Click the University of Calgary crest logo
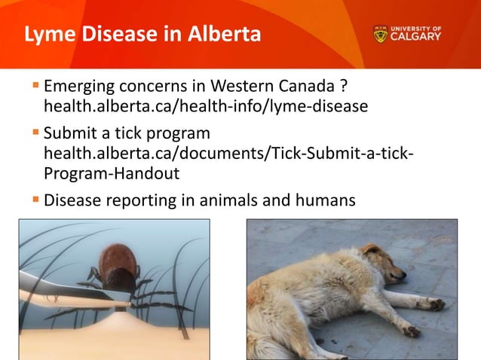pyautogui.click(x=380, y=35)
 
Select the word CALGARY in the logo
pyautogui.click(x=416, y=38)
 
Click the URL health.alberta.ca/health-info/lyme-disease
pyautogui.click(x=205, y=105)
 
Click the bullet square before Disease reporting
pyautogui.click(x=35, y=200)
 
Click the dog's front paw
pyautogui.click(x=436, y=304)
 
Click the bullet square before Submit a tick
pyautogui.click(x=35, y=134)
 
